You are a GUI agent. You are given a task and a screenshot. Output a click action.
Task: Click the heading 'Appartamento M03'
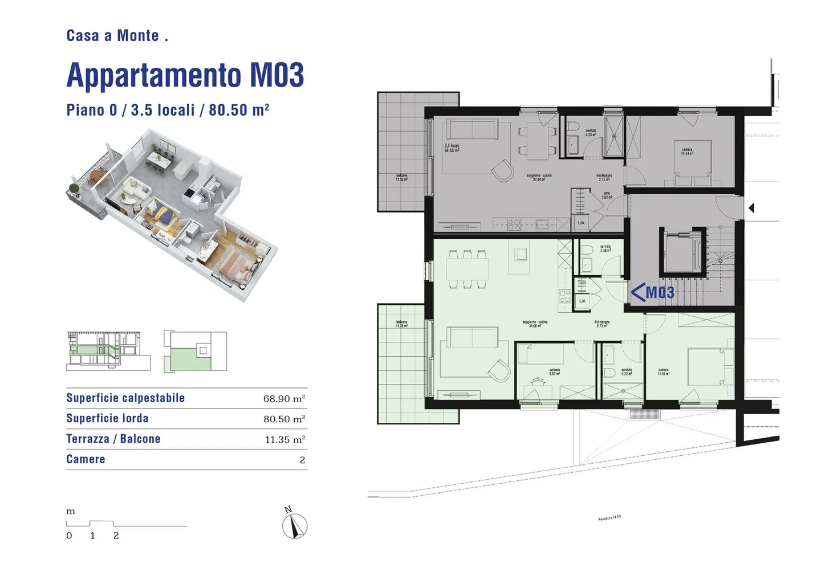185,75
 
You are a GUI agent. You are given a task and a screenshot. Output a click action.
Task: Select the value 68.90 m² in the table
284,399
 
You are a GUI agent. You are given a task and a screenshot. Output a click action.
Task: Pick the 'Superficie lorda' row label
107,418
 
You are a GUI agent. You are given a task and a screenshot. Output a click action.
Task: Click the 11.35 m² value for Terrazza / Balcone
284,440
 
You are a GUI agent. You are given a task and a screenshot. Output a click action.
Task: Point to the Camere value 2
302,460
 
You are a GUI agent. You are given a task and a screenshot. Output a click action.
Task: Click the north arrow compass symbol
295,525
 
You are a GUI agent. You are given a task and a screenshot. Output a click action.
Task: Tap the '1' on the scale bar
92,536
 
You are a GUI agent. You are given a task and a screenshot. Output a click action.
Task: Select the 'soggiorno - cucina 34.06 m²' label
535,324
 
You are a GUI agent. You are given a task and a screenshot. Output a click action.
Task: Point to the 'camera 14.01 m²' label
663,371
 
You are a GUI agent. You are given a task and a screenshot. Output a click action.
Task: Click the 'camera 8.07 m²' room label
554,371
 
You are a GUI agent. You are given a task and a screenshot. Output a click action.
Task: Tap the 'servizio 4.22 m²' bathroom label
627,371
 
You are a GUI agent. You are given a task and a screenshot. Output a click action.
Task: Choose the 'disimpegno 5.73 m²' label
603,324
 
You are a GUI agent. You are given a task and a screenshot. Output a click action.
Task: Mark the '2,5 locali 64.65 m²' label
452,148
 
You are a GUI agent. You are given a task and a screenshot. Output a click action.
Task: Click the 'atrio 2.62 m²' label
607,195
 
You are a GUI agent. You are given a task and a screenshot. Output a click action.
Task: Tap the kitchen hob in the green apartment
564,296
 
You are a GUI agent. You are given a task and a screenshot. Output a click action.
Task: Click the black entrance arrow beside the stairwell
751,208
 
